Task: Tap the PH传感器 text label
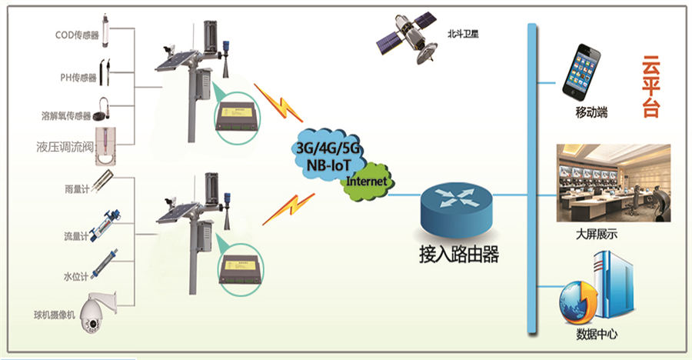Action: [78, 77]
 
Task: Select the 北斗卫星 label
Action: [463, 35]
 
